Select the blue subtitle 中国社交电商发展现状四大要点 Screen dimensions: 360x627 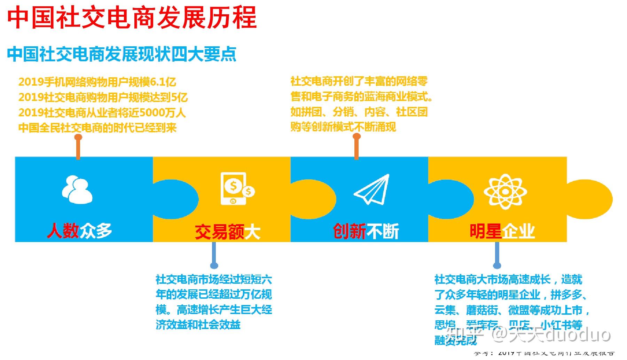pyautogui.click(x=122, y=54)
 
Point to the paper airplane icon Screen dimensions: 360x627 pyautogui.click(x=372, y=189)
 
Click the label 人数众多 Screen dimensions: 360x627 pyautogui.click(x=79, y=230)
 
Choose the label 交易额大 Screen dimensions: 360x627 pyautogui.click(x=227, y=232)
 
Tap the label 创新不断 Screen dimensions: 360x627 pyautogui.click(x=366, y=232)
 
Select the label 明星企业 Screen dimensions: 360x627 pyautogui.click(x=502, y=231)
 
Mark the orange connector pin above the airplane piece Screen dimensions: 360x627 pyautogui.click(x=356, y=146)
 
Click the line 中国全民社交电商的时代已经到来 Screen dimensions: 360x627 pyautogui.click(x=97, y=128)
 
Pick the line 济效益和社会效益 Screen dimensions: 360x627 pyautogui.click(x=198, y=325)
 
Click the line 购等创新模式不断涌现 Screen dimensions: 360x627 pyautogui.click(x=343, y=127)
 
